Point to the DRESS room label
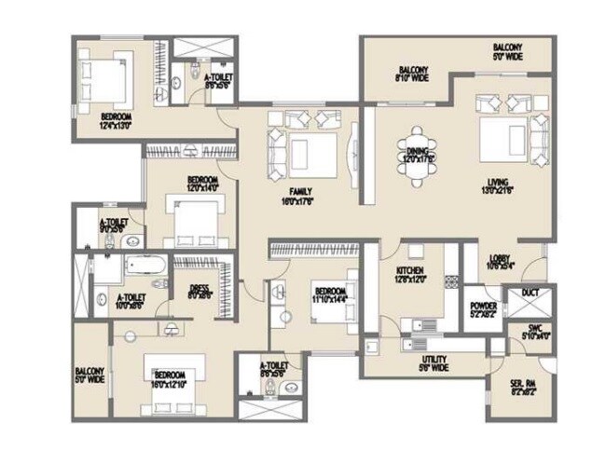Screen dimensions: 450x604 pyautogui.click(x=199, y=292)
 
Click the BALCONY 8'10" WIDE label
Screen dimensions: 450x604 pyautogui.click(x=413, y=75)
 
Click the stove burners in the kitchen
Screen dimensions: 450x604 pyautogui.click(x=453, y=280)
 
